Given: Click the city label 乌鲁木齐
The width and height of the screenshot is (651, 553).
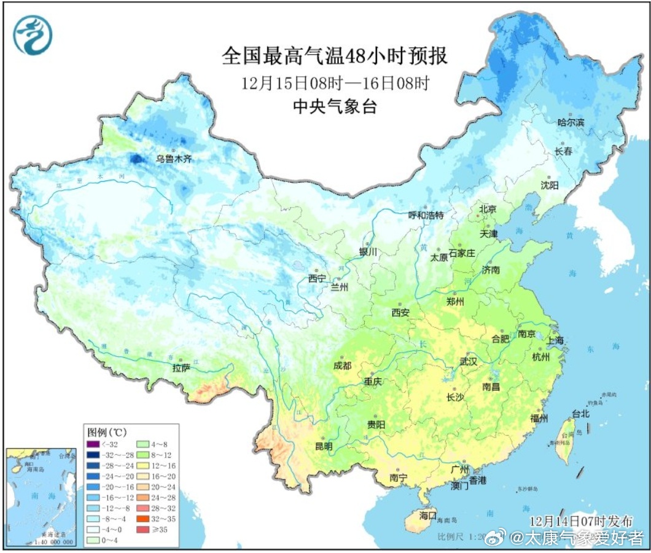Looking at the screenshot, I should [173, 159].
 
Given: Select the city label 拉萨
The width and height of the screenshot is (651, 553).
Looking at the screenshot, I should [181, 368].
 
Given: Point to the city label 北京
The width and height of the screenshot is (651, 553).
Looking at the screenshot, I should [488, 209].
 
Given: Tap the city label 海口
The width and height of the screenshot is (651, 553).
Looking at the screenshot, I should [427, 514].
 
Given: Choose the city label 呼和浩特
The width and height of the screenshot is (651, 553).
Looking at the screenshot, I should [426, 215].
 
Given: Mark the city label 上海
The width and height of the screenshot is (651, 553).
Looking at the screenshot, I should [555, 340].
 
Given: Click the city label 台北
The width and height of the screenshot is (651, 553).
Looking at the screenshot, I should [580, 413].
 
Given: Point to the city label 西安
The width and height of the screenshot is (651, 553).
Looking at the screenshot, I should [400, 313].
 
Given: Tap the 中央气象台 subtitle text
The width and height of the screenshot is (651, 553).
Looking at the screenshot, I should [334, 106].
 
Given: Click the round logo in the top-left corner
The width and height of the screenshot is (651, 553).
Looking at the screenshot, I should [33, 35].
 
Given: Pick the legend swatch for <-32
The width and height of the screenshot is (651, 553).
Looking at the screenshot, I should [93, 444].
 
